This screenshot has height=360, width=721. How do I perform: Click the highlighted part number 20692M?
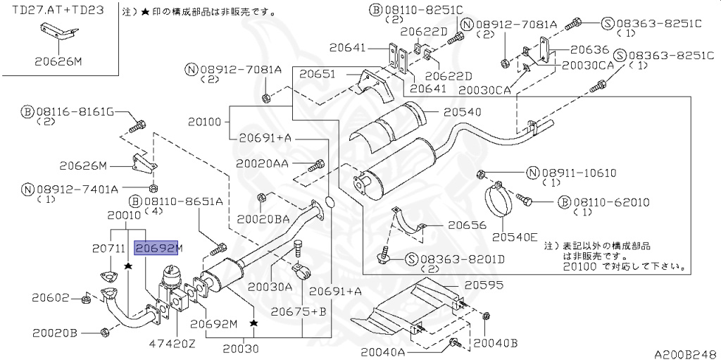pyautogui.click(x=158, y=247)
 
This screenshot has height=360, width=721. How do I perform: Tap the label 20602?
pyautogui.click(x=53, y=298)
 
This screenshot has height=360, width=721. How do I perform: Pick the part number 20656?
pyautogui.click(x=467, y=225)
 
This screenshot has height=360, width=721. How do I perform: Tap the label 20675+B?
pyautogui.click(x=302, y=311)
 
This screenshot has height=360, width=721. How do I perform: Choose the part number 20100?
pyautogui.click(x=205, y=122)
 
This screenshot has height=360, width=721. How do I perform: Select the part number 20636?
pyautogui.click(x=589, y=50)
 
